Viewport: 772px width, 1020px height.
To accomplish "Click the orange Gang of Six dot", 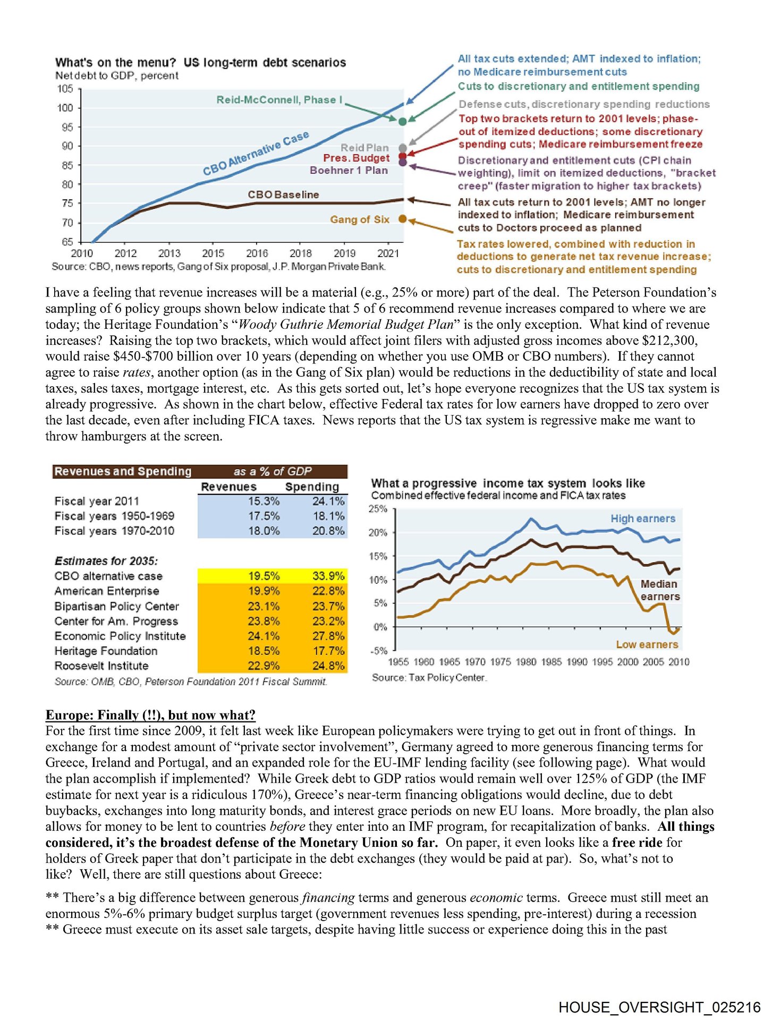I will [402, 219].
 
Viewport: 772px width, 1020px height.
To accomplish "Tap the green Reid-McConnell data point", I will [402, 121].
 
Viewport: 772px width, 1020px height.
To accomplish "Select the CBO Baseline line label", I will [283, 195].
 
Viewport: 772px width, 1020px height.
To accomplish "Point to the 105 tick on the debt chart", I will [65, 89].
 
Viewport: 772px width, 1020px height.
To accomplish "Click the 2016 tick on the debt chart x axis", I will [257, 253].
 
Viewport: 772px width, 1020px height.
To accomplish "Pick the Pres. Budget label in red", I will [356, 158].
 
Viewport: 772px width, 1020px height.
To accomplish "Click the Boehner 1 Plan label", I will [349, 171].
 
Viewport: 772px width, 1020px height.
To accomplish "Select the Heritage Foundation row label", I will [106, 651].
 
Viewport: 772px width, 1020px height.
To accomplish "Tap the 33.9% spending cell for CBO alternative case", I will [328, 576].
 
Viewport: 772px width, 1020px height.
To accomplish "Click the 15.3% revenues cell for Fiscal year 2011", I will [264, 501].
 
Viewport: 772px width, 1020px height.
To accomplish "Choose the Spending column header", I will [312, 487].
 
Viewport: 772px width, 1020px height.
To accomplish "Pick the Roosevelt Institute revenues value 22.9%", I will [264, 666].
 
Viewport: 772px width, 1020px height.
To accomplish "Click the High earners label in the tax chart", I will [642, 518].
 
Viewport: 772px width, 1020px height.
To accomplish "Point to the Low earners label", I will [647, 644].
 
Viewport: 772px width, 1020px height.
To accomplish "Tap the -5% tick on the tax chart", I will [379, 651].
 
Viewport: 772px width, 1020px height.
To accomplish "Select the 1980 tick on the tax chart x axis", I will [525, 662].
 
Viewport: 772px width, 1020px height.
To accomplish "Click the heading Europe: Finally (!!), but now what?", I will [150, 715].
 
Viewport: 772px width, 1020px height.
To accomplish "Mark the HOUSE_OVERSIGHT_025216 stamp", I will [659, 1007].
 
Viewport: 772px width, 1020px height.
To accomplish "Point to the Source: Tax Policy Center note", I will [429, 678].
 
